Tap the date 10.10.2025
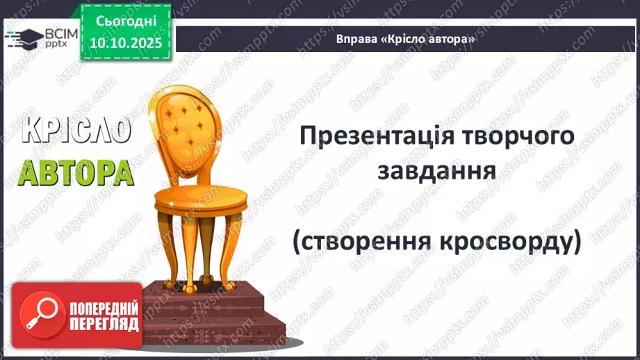[x=125, y=43]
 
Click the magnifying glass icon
[x=38, y=317]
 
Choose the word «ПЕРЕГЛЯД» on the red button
[x=104, y=325]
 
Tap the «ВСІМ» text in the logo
[x=60, y=33]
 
